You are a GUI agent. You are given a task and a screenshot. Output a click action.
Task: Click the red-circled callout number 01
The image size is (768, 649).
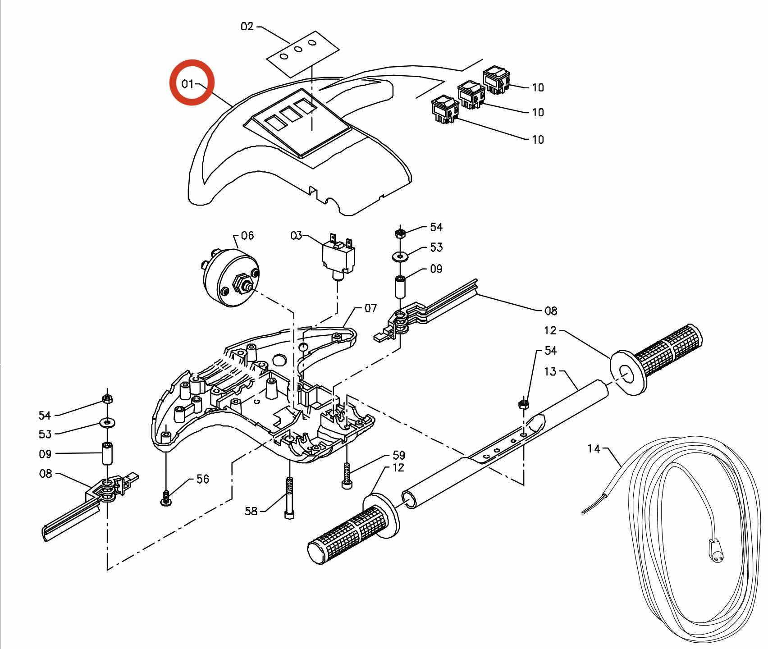(187, 84)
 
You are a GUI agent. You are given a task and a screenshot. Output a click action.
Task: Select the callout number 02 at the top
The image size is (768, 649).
(247, 27)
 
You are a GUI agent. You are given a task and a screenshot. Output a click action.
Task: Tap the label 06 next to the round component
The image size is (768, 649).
(247, 235)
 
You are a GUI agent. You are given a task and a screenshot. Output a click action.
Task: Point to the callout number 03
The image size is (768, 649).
(296, 235)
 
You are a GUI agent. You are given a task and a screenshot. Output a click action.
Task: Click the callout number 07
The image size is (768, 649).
(370, 308)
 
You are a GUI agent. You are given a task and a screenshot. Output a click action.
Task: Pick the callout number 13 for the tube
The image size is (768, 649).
(550, 372)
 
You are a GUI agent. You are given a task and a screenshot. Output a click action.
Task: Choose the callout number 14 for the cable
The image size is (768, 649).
(594, 448)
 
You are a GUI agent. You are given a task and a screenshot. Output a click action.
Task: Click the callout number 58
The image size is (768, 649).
(251, 511)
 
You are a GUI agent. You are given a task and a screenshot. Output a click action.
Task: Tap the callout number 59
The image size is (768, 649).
(399, 455)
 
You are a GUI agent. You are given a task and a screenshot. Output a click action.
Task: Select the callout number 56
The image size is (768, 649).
(203, 479)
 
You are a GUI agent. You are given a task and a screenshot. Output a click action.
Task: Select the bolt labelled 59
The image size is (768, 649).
(346, 476)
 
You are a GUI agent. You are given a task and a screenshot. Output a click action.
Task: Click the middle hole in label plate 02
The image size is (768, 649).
(298, 49)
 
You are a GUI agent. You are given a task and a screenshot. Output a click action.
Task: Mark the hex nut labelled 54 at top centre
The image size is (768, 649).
(399, 233)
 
